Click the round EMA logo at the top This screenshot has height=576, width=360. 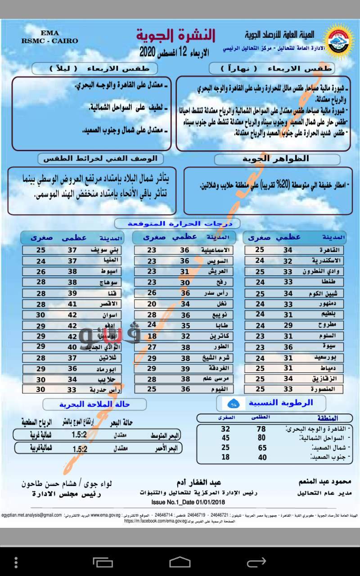pyautogui.click(x=340, y=40)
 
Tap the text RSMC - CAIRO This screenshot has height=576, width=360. pyautogui.click(x=49, y=40)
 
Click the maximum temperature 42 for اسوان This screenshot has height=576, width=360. pyautogui.click(x=72, y=315)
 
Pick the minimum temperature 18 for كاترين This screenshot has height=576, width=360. pyautogui.click(x=152, y=336)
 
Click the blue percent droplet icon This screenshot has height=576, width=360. pyautogui.click(x=233, y=403)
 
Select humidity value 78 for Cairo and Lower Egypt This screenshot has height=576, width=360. pyautogui.click(x=261, y=429)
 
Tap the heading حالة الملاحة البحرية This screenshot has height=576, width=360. pyautogui.click(x=94, y=404)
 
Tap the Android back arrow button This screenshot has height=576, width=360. pyautogui.click(x=256, y=562)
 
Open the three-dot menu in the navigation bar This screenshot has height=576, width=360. pyautogui.click(x=16, y=562)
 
